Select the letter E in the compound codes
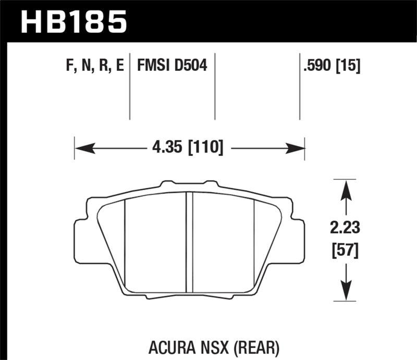coord(120,66)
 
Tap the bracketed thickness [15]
coord(349,66)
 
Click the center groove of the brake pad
coord(190,240)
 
